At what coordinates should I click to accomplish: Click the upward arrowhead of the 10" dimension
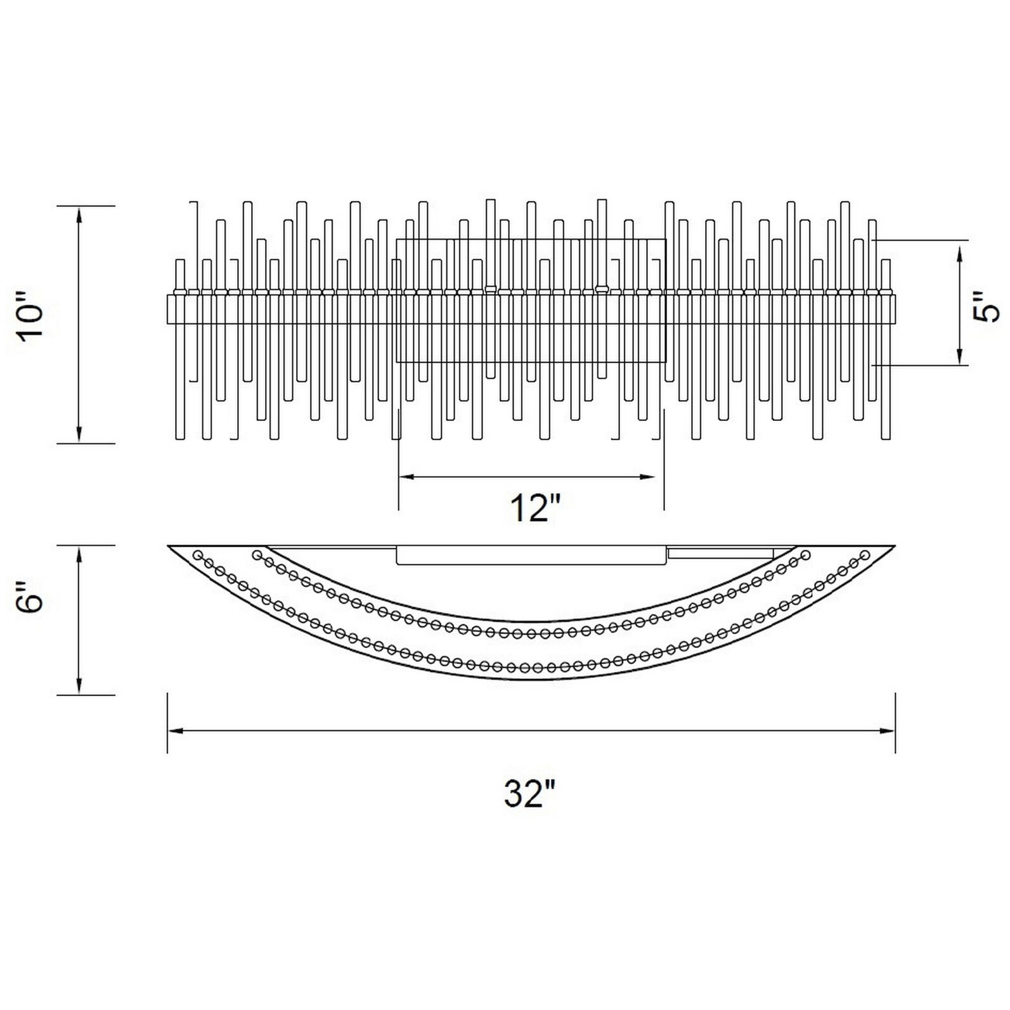79,216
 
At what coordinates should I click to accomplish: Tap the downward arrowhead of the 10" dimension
79,434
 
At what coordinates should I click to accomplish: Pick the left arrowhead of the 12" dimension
408,477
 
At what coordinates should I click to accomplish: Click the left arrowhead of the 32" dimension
177,731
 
